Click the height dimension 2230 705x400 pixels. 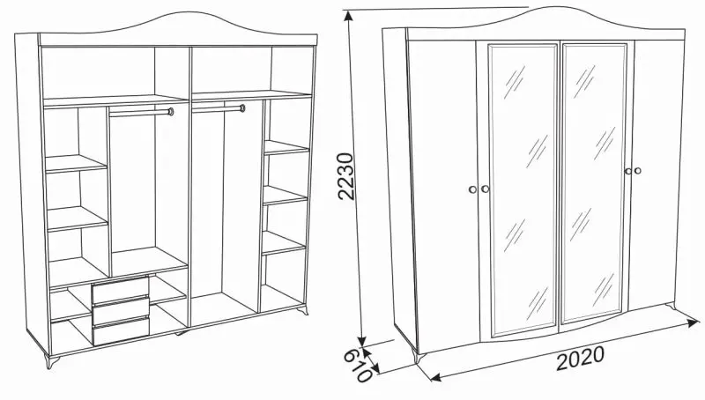346,175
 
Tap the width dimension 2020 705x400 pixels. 580,359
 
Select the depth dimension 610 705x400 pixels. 359,365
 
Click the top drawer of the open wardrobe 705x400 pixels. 121,290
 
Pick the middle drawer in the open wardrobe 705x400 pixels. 121,310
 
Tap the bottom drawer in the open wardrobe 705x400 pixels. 121,330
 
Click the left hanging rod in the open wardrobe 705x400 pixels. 141,113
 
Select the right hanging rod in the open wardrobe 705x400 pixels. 219,108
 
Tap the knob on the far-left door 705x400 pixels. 472,189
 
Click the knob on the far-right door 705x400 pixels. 637,170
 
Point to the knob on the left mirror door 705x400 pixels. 485,189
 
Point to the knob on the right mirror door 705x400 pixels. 628,171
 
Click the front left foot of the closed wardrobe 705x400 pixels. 419,355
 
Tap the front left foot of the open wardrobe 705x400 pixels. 53,360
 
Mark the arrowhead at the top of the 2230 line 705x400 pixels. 347,15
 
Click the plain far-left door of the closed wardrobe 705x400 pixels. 444,193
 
